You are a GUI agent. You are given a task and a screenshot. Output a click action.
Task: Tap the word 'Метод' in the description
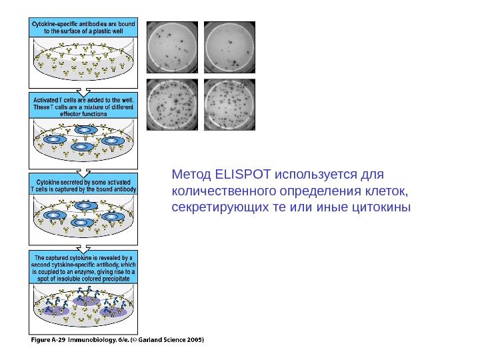[x=192, y=175]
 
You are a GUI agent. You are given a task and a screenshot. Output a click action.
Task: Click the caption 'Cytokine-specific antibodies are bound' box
[x=83, y=27]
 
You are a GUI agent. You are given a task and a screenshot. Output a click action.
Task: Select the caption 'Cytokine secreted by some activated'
[x=83, y=185]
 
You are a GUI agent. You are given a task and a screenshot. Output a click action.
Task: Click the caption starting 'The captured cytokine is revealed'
[x=83, y=268]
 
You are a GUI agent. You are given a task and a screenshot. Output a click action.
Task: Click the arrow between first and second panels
[x=83, y=89]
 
